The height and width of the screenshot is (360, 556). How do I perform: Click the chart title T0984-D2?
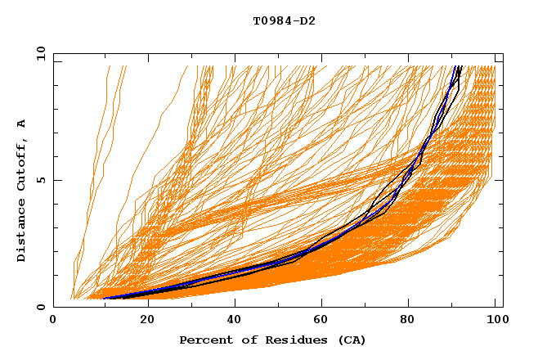(284, 21)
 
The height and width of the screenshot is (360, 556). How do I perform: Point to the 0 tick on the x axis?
(53, 320)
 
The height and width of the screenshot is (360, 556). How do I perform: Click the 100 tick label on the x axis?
(495, 320)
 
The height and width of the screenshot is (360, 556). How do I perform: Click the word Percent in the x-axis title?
(204, 340)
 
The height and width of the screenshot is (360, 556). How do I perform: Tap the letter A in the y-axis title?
(22, 124)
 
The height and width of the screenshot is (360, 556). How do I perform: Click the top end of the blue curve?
(456, 66)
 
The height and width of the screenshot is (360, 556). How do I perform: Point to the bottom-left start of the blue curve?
(105, 298)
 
